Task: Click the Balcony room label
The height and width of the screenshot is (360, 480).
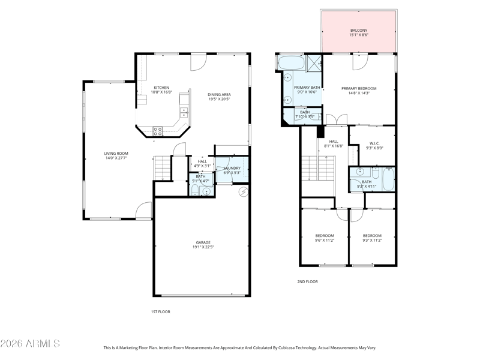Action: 359,31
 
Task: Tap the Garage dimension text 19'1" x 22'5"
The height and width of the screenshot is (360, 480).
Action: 203,247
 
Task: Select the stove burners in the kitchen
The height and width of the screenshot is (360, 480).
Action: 158,131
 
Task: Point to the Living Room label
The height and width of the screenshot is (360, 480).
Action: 116,154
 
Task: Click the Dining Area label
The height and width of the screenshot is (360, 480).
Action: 219,95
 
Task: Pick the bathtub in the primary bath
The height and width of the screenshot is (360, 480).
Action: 291,63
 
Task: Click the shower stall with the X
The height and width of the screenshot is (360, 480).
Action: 314,63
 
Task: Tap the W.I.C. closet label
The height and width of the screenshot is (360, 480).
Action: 374,143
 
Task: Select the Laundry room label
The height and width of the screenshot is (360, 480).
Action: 232,168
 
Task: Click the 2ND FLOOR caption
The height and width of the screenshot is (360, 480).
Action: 307,281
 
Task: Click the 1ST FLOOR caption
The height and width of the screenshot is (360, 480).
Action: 160,311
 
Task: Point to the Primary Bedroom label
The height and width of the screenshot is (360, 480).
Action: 359,88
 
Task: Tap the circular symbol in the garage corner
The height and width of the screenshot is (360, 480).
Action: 244,191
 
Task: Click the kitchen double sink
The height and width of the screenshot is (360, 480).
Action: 184,113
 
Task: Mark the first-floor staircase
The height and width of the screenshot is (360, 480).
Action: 162,169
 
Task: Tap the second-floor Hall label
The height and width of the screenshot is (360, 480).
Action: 334,142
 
